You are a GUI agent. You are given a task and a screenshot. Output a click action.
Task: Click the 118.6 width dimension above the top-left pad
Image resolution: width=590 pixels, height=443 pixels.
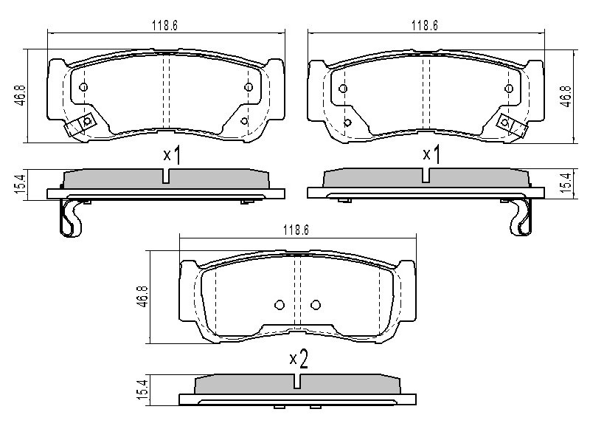[x=164, y=26]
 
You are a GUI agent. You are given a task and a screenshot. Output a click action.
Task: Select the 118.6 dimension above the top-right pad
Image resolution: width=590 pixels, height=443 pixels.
[x=425, y=26]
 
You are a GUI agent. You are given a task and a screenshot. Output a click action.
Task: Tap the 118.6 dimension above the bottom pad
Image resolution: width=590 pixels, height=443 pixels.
[x=296, y=230]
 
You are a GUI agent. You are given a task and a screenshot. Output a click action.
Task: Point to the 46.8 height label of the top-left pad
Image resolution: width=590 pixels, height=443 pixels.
[x=21, y=95]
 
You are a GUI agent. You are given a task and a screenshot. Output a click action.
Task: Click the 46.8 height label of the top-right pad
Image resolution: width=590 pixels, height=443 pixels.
[x=566, y=97]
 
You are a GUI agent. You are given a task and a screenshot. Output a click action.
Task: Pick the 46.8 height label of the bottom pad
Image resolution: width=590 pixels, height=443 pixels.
[x=143, y=297]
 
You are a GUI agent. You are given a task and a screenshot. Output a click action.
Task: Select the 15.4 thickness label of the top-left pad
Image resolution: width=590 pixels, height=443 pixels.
[x=21, y=184]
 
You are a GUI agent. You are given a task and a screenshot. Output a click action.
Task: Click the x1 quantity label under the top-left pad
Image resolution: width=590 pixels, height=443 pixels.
[x=172, y=154]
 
